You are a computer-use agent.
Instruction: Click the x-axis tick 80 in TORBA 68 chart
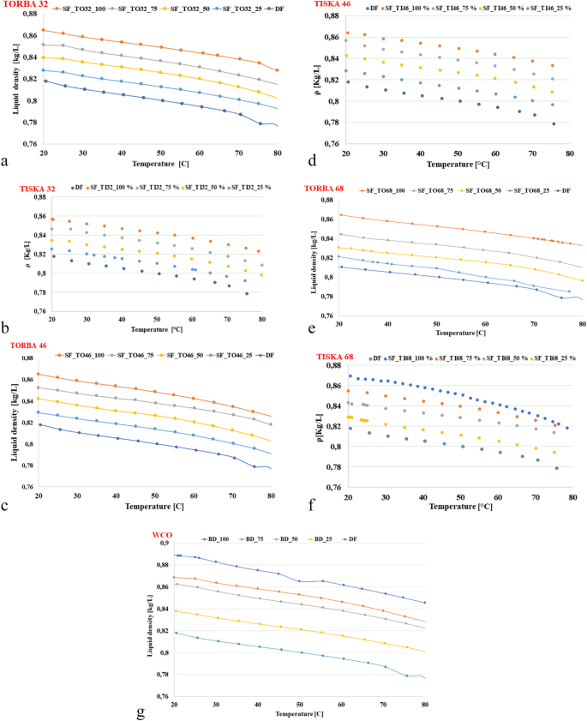(x=582, y=324)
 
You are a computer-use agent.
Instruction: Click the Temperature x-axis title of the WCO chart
(x=299, y=712)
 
